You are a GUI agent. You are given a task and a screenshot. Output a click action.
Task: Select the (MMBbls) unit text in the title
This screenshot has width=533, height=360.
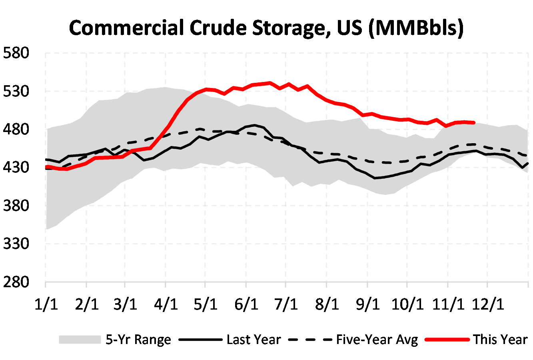click(x=416, y=28)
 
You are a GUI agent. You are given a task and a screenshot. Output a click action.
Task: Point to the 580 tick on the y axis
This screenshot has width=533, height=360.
click(x=16, y=53)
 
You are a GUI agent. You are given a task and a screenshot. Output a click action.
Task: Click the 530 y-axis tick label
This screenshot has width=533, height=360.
click(x=16, y=91)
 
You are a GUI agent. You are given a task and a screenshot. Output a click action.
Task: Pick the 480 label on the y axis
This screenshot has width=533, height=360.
click(x=16, y=130)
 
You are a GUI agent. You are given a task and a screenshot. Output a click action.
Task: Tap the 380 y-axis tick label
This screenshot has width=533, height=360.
click(x=16, y=206)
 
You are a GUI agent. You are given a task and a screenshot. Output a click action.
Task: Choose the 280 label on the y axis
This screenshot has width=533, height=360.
click(x=16, y=282)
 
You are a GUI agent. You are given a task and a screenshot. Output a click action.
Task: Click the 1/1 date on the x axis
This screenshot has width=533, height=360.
click(x=46, y=304)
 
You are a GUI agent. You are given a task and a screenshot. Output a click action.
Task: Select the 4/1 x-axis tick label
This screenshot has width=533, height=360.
click(x=166, y=304)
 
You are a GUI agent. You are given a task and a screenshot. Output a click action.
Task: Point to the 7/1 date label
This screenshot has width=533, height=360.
click(x=286, y=304)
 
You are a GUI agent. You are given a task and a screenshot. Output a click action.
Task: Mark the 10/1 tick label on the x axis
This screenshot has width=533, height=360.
click(x=407, y=304)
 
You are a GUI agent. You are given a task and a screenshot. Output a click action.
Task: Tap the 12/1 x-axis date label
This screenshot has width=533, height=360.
click(x=487, y=304)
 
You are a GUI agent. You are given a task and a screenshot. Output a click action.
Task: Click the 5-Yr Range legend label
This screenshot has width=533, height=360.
click(x=138, y=340)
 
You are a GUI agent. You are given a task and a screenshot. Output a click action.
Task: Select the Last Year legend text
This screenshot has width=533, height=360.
click(x=254, y=340)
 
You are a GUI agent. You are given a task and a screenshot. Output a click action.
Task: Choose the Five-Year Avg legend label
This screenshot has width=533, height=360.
click(x=377, y=340)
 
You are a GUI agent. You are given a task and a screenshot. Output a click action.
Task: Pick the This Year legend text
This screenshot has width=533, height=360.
click(x=500, y=340)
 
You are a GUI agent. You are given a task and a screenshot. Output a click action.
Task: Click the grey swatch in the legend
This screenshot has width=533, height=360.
click(x=80, y=340)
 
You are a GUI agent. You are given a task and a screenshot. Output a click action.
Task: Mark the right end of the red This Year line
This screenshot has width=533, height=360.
click(x=474, y=123)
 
